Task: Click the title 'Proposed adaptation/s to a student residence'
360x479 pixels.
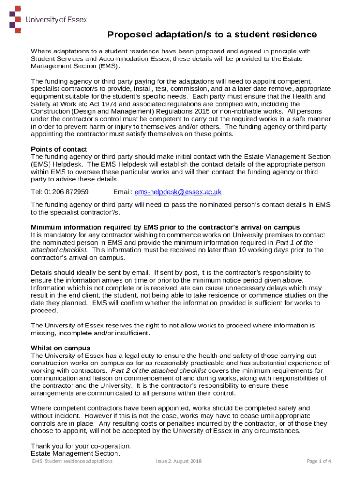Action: click(x=212, y=35)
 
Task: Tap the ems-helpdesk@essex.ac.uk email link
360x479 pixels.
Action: click(x=178, y=192)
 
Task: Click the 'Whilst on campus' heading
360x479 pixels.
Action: click(x=60, y=348)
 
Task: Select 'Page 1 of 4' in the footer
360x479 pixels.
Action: click(x=319, y=461)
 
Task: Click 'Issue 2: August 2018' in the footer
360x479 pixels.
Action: click(x=179, y=461)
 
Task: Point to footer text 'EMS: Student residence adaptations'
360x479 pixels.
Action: click(x=72, y=461)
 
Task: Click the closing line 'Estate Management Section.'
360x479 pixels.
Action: click(x=75, y=453)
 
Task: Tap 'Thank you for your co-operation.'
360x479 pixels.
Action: click(x=81, y=446)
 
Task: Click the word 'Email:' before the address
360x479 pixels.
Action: click(x=122, y=192)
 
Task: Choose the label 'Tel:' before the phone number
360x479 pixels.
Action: click(x=36, y=192)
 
